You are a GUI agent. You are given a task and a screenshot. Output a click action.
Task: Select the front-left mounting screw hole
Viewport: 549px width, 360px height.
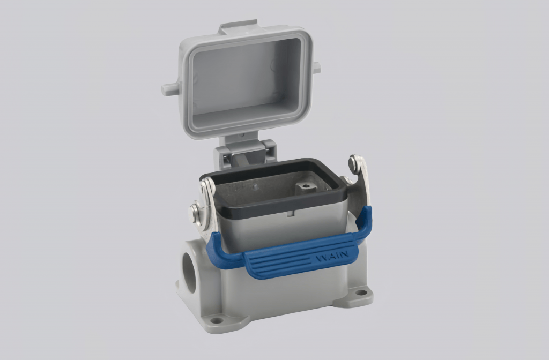click(x=217, y=320)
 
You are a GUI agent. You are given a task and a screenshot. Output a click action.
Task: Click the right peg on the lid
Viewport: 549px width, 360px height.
click(x=316, y=68)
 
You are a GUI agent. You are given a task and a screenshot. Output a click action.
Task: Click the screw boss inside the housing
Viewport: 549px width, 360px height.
click(x=306, y=187)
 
